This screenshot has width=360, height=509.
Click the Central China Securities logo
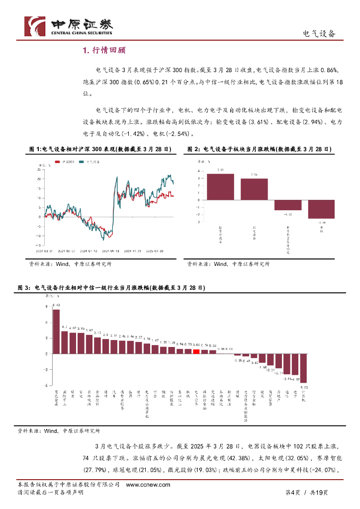[69, 26]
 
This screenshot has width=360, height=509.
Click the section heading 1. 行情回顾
[104, 50]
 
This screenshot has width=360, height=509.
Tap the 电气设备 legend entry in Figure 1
[90, 162]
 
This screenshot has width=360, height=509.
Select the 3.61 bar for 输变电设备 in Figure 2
[220, 186]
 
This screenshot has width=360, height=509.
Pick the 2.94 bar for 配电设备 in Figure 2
[254, 189]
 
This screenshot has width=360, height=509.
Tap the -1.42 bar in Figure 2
[287, 205]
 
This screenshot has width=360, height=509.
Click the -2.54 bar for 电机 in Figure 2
[321, 209]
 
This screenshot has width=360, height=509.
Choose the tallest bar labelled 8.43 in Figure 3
[56, 331]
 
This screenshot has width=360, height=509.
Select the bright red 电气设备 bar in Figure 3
[196, 351]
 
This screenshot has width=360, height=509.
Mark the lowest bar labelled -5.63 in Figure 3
[303, 368]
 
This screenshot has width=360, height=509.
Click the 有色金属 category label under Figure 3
[56, 398]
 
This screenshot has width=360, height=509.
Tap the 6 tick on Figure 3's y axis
[46, 322]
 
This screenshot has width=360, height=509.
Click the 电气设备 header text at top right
[319, 34]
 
